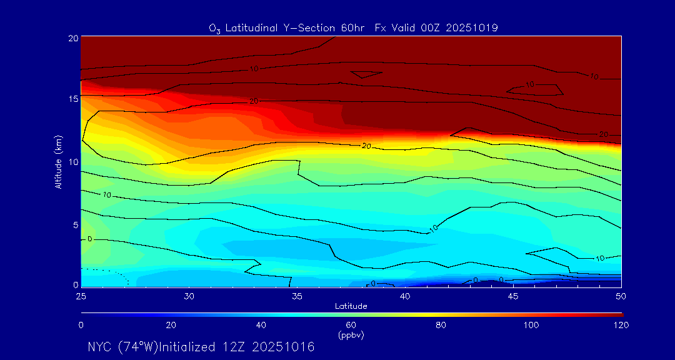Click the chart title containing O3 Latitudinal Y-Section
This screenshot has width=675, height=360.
pos(353,28)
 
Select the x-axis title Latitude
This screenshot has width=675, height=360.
pos(351,306)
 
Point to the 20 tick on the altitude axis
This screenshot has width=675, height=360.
pos(72,37)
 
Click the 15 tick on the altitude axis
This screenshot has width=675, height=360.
pos(72,99)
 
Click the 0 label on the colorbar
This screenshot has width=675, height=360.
pos(81,325)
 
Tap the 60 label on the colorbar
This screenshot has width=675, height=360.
pos(351,325)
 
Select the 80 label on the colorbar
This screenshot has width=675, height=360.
pos(441,325)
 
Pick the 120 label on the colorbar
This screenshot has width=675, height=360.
pos(621,325)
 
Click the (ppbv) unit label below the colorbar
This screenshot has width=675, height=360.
pos(351,335)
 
